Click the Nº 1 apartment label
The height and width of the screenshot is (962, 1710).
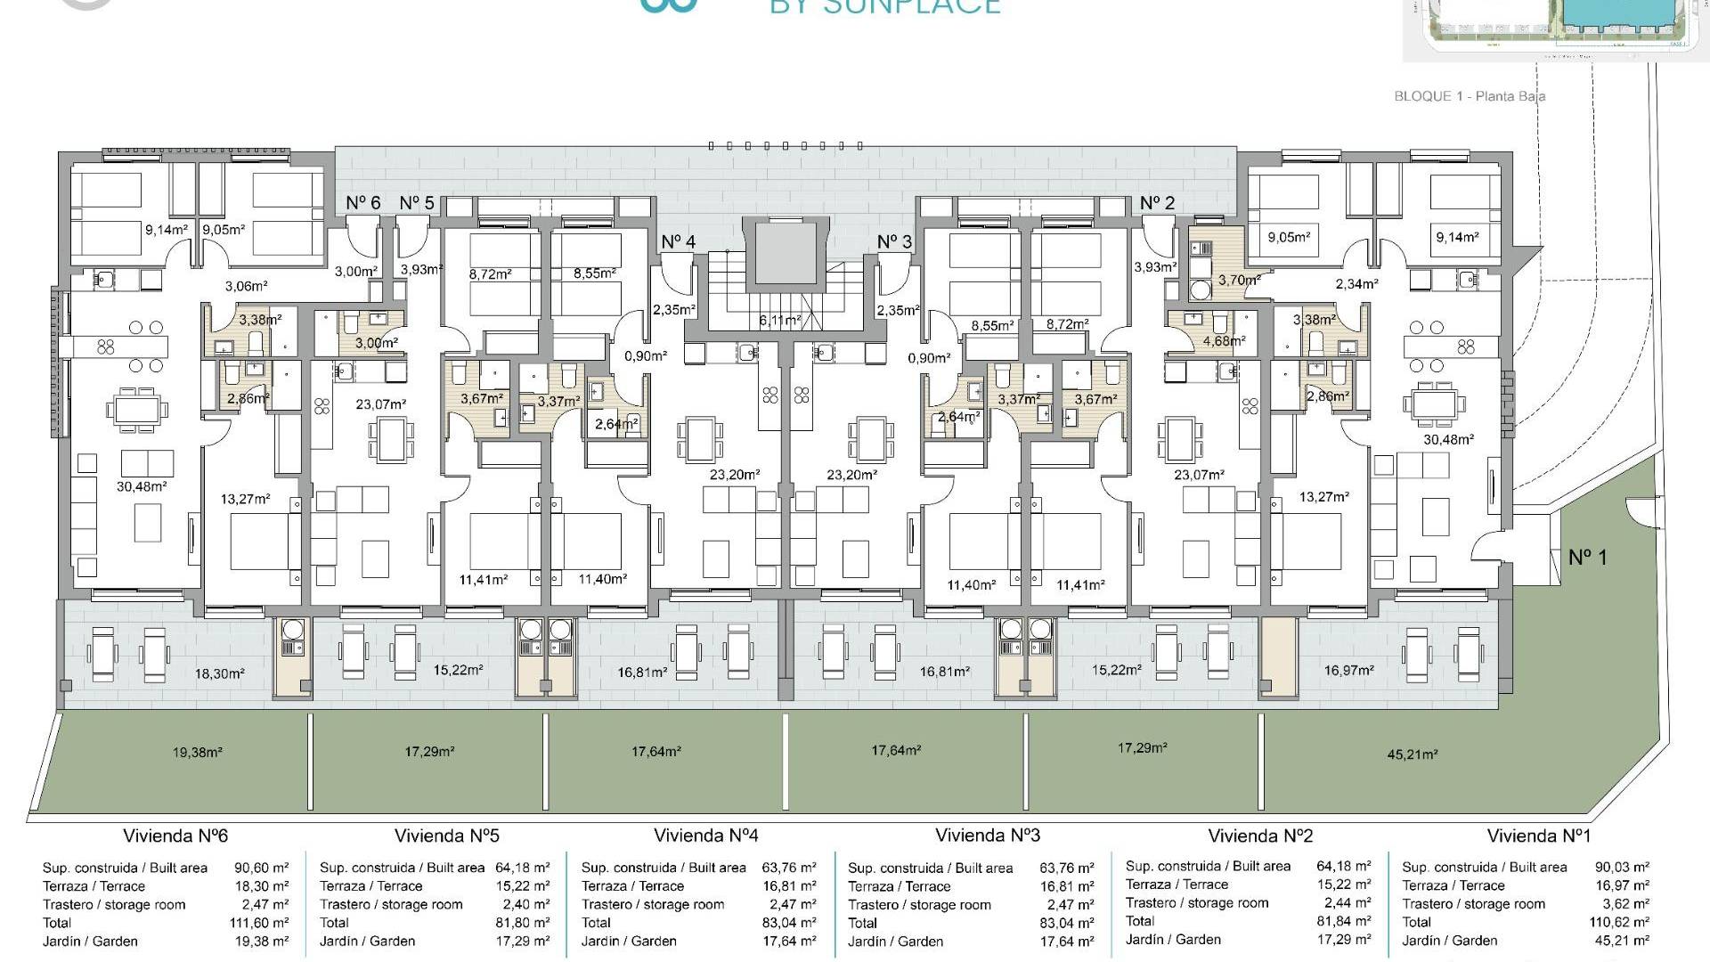tap(1587, 558)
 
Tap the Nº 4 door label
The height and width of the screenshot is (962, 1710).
tap(679, 241)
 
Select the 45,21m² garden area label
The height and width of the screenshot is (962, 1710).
tap(1413, 754)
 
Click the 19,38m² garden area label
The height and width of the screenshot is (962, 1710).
tap(198, 752)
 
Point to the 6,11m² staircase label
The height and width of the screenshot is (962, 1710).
tap(779, 320)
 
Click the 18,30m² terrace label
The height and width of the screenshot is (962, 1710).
tap(219, 674)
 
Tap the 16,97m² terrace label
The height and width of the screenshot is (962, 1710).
tap(1348, 670)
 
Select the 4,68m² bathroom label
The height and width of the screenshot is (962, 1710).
tap(1225, 340)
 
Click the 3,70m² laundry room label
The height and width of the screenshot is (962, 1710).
tap(1239, 280)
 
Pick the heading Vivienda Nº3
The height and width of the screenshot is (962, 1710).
tap(988, 836)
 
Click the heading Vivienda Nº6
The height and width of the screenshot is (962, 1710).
tap(175, 836)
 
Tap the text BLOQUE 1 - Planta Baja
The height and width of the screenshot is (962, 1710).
tap(1470, 96)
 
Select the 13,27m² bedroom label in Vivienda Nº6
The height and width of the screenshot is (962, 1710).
tap(246, 499)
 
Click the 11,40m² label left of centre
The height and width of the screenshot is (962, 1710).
tap(602, 579)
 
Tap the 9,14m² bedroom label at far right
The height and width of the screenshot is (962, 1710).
tap(1457, 237)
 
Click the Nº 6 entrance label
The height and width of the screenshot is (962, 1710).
tap(362, 203)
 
